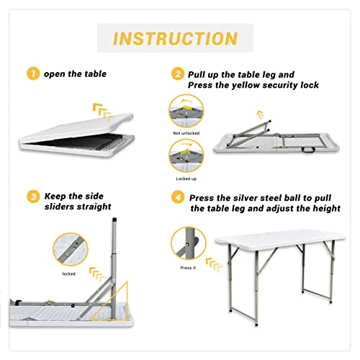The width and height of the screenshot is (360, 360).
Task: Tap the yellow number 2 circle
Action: click(x=177, y=74)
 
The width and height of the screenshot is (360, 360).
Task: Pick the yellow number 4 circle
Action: click(x=177, y=197)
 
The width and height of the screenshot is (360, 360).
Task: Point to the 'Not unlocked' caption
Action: click(x=186, y=133)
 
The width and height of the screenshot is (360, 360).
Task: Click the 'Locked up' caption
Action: click(x=186, y=177)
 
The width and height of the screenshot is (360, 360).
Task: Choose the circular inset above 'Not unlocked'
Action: click(x=186, y=111)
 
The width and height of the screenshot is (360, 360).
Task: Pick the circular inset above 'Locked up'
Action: click(x=186, y=155)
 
